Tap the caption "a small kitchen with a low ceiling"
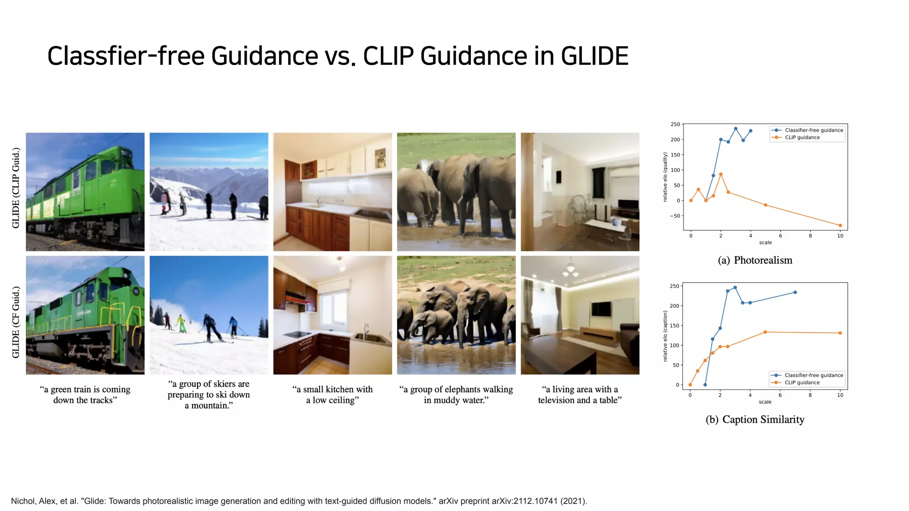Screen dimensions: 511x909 pyautogui.click(x=332, y=394)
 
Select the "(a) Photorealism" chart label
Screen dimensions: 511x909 pyautogui.click(x=755, y=260)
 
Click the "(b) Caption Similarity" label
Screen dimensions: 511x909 pyautogui.click(x=755, y=419)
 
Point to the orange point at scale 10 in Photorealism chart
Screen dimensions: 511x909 pyautogui.click(x=840, y=225)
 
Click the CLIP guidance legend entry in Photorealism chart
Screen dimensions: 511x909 pyautogui.click(x=802, y=138)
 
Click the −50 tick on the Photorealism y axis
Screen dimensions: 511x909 pyautogui.click(x=675, y=216)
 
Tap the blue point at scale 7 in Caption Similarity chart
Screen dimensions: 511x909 pyautogui.click(x=795, y=292)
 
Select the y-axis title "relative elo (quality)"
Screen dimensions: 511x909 pyautogui.click(x=665, y=177)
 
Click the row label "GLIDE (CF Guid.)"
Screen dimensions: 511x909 pyautogui.click(x=16, y=322)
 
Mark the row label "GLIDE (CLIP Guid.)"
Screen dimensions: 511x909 pyautogui.click(x=16, y=188)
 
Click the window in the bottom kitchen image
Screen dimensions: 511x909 pyautogui.click(x=334, y=309)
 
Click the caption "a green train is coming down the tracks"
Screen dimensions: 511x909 pyautogui.click(x=85, y=394)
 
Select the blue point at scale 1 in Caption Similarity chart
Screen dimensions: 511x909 pyautogui.click(x=705, y=385)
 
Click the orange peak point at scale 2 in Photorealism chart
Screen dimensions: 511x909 pyautogui.click(x=720, y=174)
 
